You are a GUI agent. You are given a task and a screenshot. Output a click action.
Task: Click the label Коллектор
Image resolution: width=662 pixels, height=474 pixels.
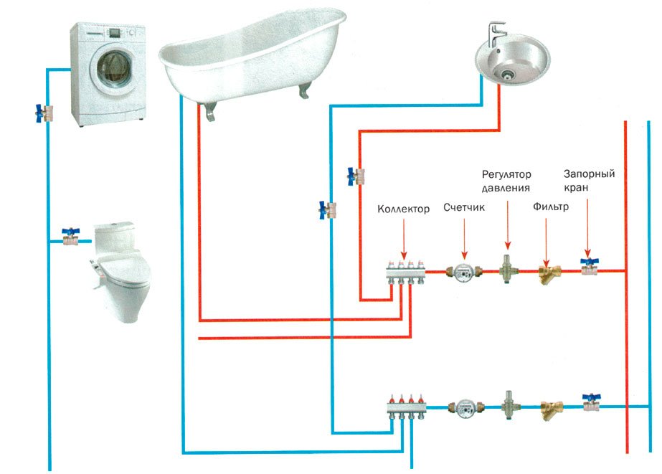tap(403, 209)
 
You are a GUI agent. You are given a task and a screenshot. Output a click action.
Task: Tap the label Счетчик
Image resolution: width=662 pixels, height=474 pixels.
tap(464, 207)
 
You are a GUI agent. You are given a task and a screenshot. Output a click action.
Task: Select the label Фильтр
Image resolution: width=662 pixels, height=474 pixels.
tap(551, 207)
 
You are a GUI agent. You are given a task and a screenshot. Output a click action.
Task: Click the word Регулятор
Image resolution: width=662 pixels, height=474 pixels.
tap(506, 174)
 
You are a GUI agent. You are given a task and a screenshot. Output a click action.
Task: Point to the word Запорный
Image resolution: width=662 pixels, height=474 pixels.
tap(590, 174)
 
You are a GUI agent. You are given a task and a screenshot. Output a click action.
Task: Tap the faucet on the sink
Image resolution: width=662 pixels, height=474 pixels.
tap(496, 34)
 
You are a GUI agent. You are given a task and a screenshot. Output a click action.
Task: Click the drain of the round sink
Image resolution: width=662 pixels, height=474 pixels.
tap(508, 75)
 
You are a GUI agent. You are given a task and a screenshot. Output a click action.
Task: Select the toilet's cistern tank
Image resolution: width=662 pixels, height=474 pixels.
tap(114, 237)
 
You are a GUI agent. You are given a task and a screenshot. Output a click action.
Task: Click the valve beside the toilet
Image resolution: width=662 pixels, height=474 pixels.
tap(70, 237)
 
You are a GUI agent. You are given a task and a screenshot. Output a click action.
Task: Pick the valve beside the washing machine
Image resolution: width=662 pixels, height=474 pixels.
tap(44, 113)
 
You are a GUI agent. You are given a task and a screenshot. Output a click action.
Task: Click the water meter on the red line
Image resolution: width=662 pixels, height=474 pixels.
tap(463, 273)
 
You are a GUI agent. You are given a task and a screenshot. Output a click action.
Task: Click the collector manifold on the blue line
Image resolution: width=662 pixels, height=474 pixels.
tap(406, 407)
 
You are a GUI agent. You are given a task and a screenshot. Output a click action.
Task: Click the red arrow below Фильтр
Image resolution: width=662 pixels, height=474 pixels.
tap(546, 242)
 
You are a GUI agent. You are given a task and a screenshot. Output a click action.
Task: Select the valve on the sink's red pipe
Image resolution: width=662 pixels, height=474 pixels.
tap(356, 176)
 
